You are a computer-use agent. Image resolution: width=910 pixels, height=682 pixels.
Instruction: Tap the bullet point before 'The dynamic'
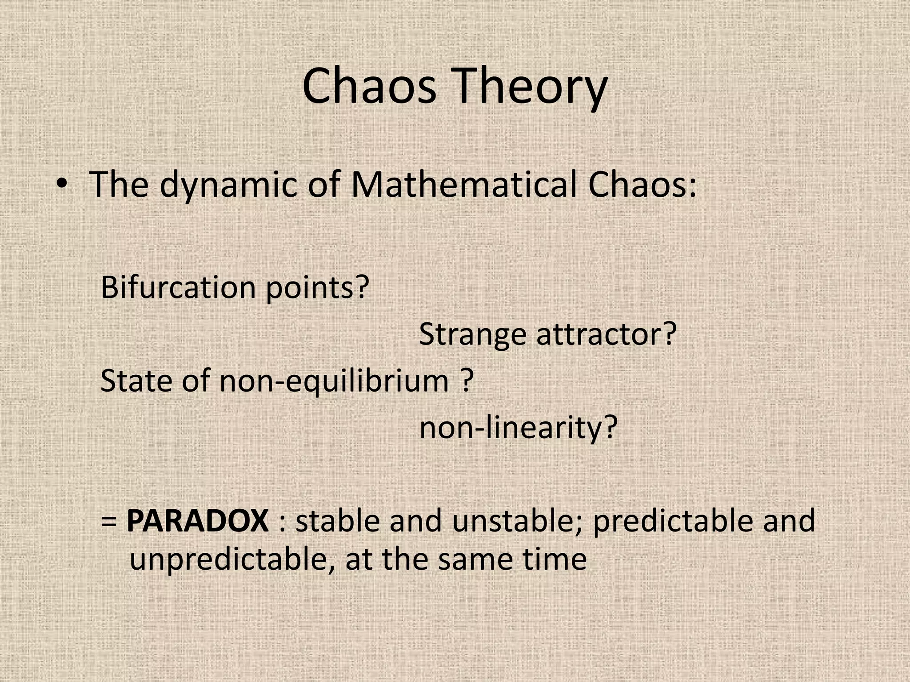(62, 184)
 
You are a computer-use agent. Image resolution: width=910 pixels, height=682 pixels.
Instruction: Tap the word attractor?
(606, 334)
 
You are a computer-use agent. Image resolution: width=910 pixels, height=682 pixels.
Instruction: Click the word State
(136, 381)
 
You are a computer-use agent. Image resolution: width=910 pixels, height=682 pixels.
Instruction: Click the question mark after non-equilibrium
(466, 381)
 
